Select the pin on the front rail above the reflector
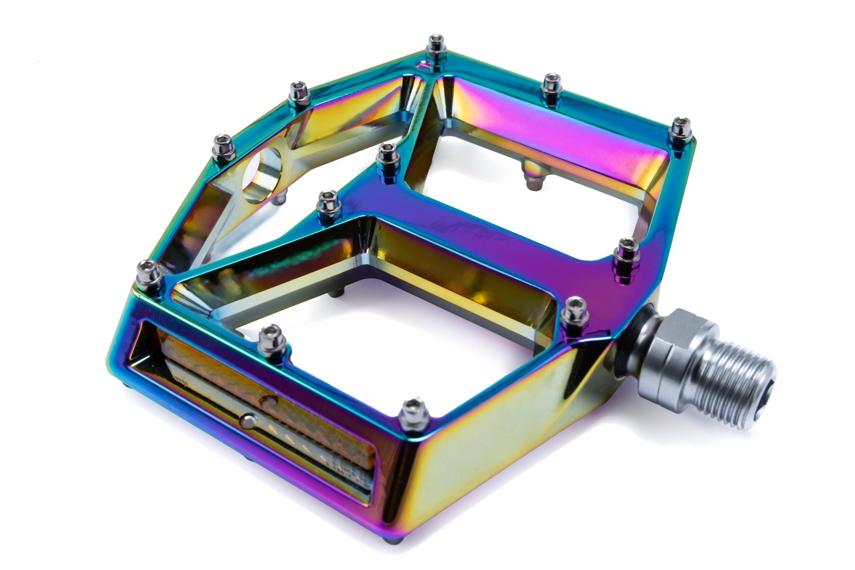click(x=272, y=340)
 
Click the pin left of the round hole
click(x=222, y=147)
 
